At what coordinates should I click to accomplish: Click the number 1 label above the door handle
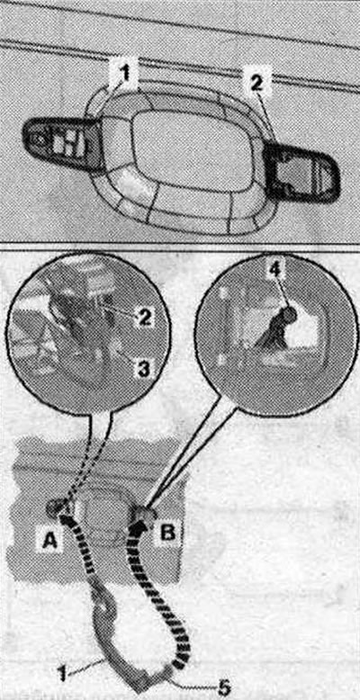pyautogui.click(x=126, y=74)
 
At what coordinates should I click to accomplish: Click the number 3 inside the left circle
pyautogui.click(x=143, y=369)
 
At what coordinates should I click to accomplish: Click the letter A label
pyautogui.click(x=49, y=541)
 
